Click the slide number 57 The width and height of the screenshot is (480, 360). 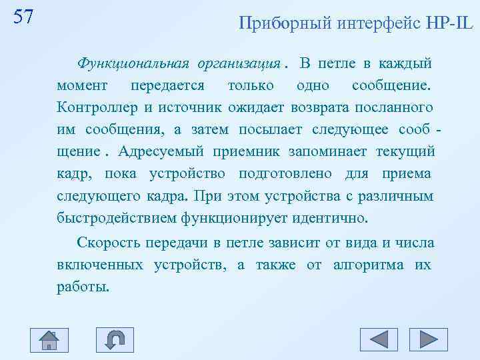[x=23, y=17]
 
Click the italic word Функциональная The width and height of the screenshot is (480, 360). [x=133, y=64]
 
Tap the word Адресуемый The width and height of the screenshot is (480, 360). [x=161, y=151]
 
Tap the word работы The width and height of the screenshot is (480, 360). [x=82, y=287]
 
